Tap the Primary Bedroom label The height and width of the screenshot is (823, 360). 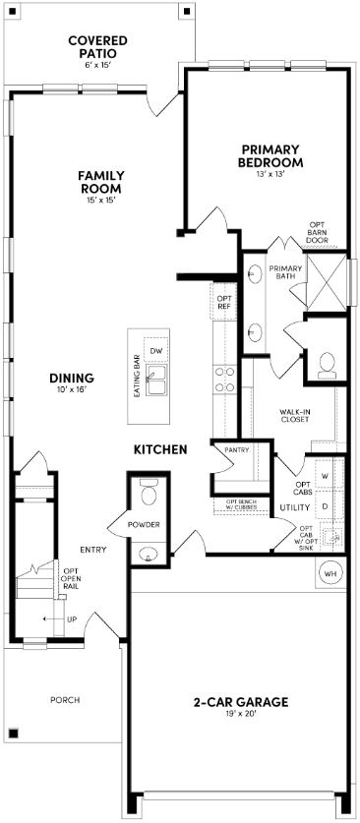(270, 156)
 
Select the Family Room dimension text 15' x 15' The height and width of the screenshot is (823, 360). (100, 201)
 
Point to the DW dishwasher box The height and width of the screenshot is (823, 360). (154, 351)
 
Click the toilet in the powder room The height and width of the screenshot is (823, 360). (149, 488)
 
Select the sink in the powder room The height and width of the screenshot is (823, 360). (149, 553)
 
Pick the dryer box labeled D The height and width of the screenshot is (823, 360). (326, 505)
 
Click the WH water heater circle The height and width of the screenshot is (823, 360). (330, 572)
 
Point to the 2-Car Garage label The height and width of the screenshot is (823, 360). (240, 702)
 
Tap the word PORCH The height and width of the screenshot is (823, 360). (65, 700)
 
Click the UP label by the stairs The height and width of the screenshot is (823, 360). (71, 619)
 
